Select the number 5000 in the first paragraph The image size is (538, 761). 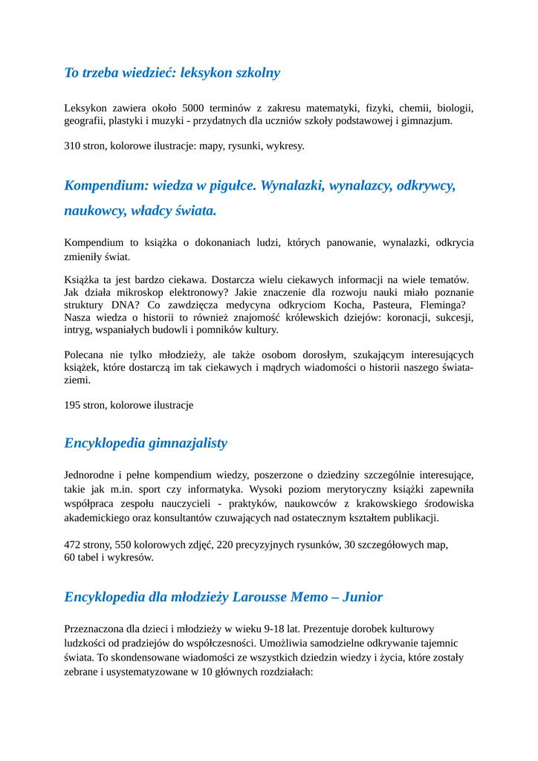[195, 108]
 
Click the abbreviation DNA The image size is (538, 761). [132, 305]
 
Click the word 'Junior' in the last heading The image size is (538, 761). [363, 597]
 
